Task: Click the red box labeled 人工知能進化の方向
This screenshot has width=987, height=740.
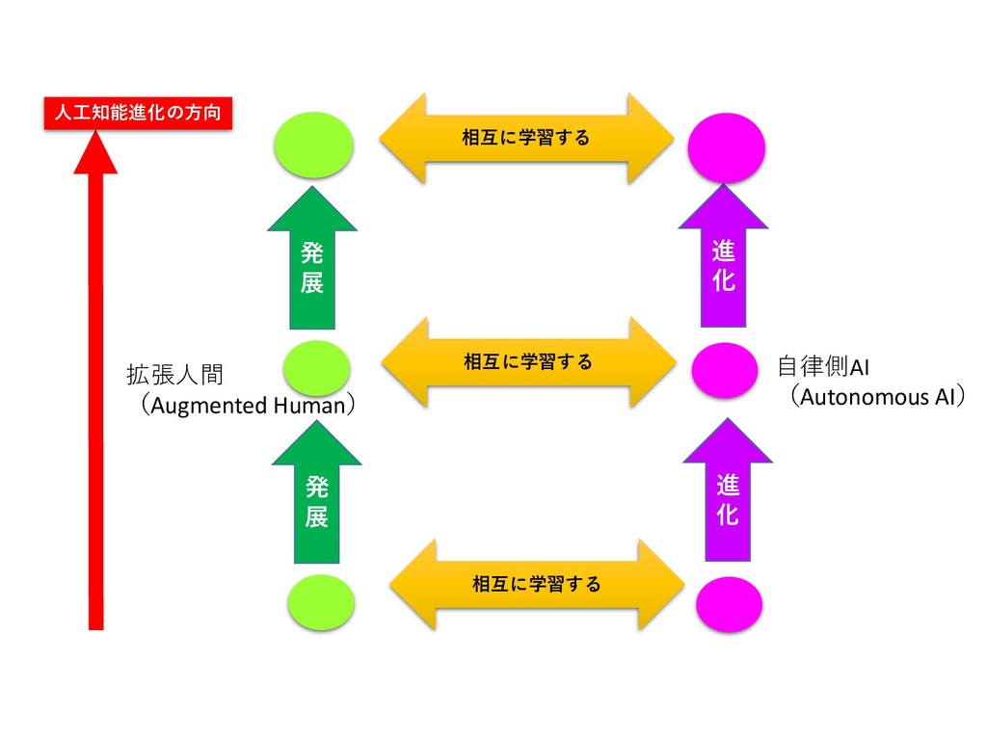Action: [137, 114]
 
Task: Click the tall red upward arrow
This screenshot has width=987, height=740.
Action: [95, 385]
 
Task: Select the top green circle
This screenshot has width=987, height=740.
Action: [312, 145]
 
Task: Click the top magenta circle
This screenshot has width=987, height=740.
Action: [727, 147]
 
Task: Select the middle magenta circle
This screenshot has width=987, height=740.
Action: [725, 370]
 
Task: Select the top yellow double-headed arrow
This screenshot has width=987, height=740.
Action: [525, 138]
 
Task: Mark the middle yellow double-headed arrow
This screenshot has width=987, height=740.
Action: [527, 362]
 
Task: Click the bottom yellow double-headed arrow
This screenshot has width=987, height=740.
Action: [536, 584]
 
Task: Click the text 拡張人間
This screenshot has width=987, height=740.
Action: [174, 374]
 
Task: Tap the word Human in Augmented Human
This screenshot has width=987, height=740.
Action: [307, 406]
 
